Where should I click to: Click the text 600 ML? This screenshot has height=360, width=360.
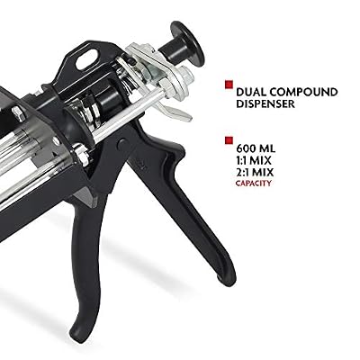point(256,148)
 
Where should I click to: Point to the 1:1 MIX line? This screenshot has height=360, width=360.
point(254,160)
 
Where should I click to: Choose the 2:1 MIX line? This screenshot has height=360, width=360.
point(255,173)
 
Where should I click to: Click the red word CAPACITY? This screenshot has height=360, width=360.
point(254,183)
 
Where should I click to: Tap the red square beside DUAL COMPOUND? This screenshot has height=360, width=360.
point(229,85)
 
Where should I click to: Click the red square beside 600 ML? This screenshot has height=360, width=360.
point(229,140)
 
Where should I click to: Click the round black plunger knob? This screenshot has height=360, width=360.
point(187,42)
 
